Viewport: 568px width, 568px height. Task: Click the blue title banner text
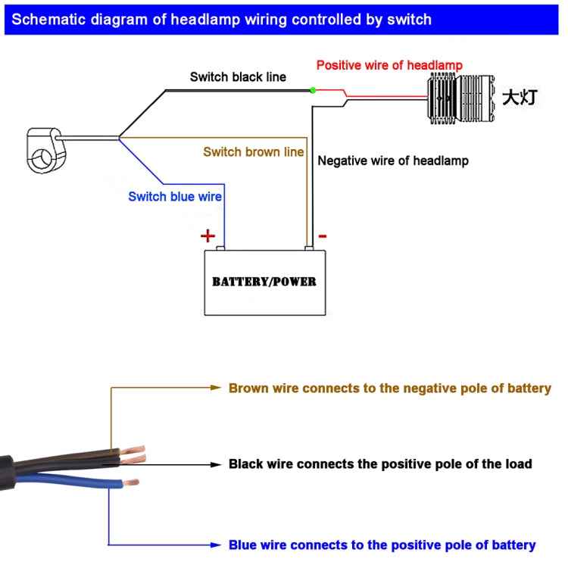[222, 20]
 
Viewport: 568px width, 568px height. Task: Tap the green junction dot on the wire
[312, 91]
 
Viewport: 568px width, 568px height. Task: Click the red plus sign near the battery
[208, 236]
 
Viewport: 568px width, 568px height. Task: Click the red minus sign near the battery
[323, 236]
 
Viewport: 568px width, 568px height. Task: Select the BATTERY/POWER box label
[264, 282]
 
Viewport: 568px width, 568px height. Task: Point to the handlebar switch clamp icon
[45, 148]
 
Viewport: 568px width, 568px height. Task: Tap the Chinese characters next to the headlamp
[521, 98]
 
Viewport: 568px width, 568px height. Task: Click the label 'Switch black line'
[238, 77]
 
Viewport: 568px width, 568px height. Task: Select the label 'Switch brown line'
[253, 152]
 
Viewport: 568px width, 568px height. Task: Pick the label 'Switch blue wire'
[175, 197]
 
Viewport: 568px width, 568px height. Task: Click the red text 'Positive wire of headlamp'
[389, 65]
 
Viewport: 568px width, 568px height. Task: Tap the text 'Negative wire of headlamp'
[393, 161]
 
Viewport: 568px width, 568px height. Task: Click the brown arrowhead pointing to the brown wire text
[214, 388]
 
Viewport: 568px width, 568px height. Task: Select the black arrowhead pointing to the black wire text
[214, 463]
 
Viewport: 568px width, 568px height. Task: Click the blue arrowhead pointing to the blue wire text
[214, 545]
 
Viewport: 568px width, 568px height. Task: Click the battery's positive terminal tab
[220, 247]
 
